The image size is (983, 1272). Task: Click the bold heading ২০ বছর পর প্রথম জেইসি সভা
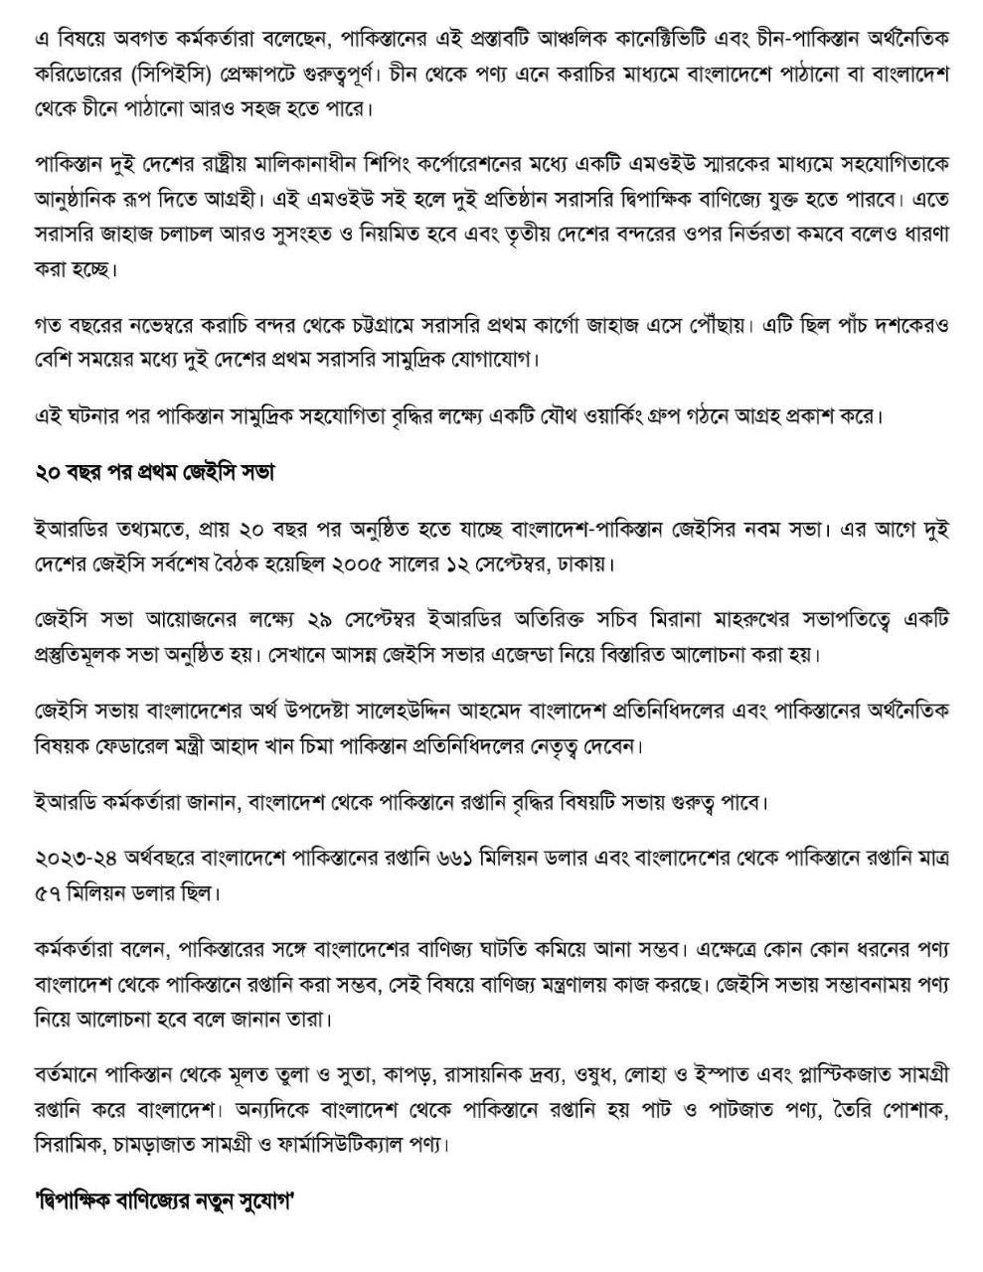point(154,473)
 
